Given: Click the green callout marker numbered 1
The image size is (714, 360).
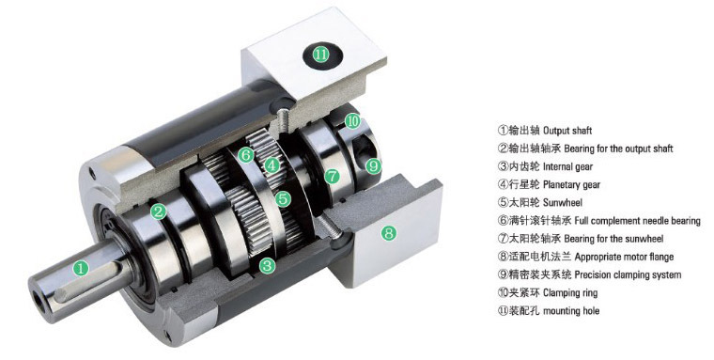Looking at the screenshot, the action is [x=81, y=268].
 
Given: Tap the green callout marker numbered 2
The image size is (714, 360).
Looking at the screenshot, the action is [x=159, y=211].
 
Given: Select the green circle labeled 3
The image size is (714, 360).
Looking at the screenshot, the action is [x=268, y=265].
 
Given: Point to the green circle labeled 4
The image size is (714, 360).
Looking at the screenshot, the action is [x=272, y=165].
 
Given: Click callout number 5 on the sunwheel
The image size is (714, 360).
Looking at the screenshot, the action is [x=283, y=198].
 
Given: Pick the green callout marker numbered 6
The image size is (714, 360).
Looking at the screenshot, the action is [x=246, y=154].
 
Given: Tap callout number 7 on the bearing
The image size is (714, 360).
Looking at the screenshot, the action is [x=332, y=176].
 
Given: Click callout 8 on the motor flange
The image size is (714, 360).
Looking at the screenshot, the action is [x=388, y=233].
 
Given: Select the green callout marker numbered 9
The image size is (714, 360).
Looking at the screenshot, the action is [x=373, y=166].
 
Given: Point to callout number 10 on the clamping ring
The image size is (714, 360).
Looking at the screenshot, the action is [x=352, y=121].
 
